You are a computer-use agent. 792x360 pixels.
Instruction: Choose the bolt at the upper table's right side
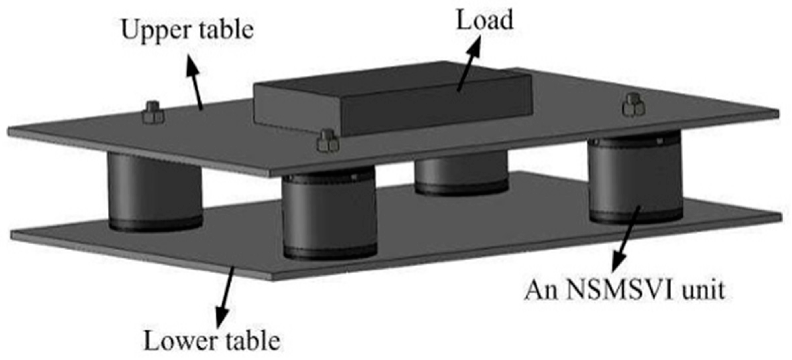coord(633,105)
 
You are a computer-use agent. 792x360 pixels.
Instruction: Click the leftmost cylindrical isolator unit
coord(155,192)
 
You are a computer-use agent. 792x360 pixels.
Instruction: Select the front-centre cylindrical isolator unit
coord(329,215)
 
